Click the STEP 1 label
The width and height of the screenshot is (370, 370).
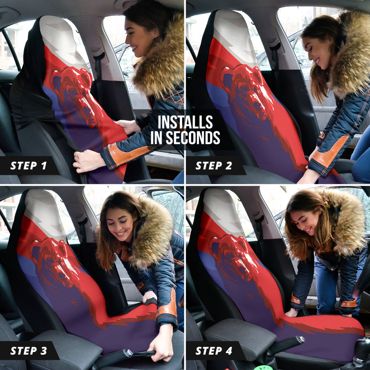click(x=29, y=166)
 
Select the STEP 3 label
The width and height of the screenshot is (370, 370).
click(x=29, y=350)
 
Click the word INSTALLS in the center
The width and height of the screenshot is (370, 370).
click(x=185, y=122)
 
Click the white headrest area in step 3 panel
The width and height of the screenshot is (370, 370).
click(x=43, y=210)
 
